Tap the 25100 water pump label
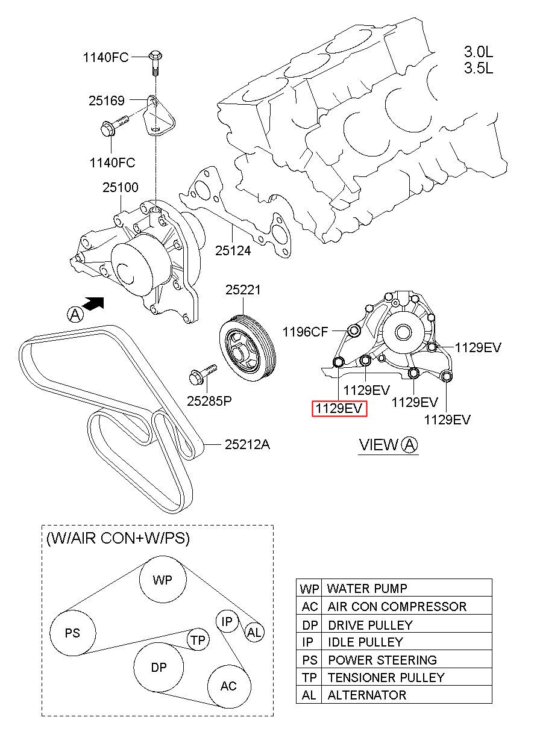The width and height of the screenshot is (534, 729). coord(120,189)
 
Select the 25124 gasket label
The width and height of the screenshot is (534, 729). coord(233,250)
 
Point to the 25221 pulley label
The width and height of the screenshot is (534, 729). coord(243,290)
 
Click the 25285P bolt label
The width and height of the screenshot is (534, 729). coord(209,400)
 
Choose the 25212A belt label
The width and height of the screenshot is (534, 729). coord(247,445)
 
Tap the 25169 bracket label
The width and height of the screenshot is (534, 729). coord(107,101)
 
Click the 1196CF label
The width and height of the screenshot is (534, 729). coord(306,332)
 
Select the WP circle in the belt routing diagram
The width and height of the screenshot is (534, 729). coord(162,580)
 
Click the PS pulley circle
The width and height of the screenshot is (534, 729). coord(72,633)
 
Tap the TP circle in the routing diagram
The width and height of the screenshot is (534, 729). coord(198,641)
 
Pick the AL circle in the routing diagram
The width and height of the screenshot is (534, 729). coord(254,632)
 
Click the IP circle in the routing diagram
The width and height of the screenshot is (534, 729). coord(227,621)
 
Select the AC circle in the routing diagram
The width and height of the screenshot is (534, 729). coord(228,686)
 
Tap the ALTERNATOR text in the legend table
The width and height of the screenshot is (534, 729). coord(366,695)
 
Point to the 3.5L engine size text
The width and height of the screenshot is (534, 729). coord(479,68)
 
